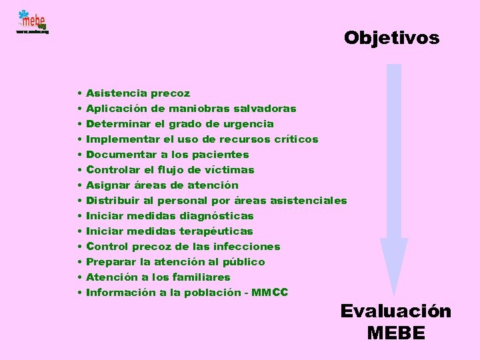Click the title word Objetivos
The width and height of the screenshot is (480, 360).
pyautogui.click(x=392, y=38)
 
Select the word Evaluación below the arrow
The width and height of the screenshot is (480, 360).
pyautogui.click(x=395, y=311)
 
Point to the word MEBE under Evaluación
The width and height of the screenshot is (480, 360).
pyautogui.click(x=395, y=333)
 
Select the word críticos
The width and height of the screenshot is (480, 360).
pyautogui.click(x=296, y=139)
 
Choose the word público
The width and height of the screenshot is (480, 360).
pyautogui.click(x=243, y=262)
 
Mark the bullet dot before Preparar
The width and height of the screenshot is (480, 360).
pyautogui.click(x=79, y=262)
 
